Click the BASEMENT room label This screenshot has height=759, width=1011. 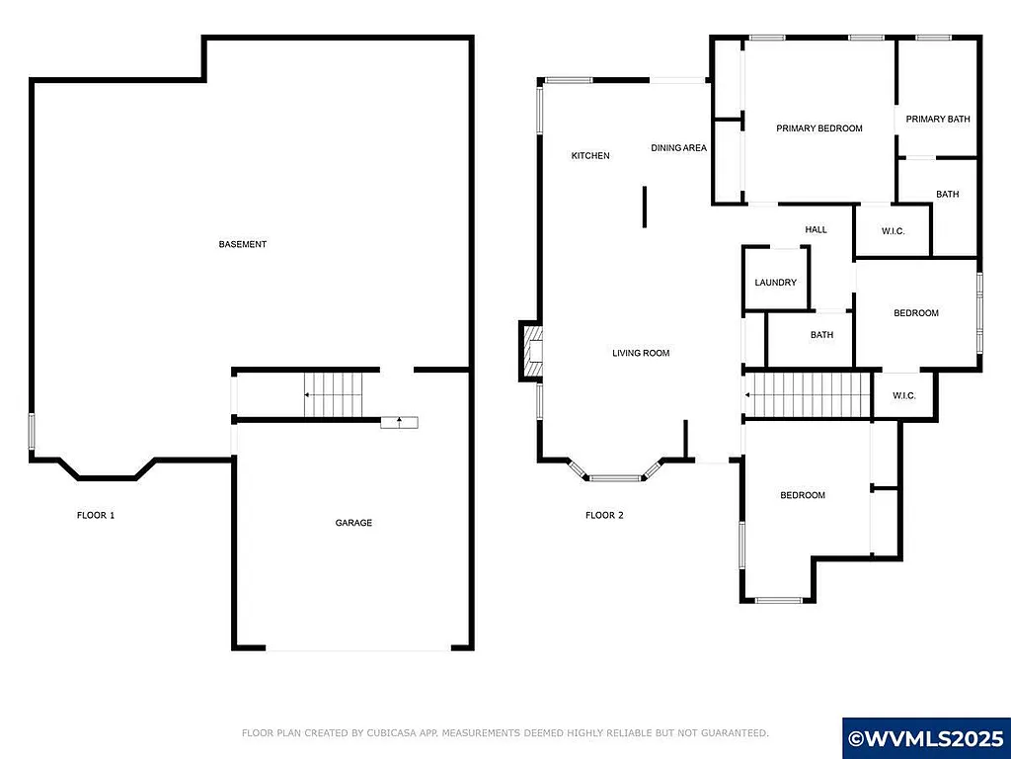point(243,244)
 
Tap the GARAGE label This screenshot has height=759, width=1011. point(353,523)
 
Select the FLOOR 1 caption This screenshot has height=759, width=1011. point(96,515)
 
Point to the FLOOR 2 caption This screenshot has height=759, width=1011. point(604,515)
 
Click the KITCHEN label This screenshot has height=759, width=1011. point(590,156)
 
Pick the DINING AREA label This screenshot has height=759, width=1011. point(678,148)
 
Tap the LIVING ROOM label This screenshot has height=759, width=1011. point(641,353)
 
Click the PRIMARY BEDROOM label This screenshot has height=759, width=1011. point(818,128)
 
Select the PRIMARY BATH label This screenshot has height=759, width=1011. point(938,120)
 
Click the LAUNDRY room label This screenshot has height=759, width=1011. point(775,283)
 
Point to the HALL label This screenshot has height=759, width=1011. point(816,230)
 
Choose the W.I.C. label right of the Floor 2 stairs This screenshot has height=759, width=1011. point(904,396)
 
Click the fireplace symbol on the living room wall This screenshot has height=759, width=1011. point(531,352)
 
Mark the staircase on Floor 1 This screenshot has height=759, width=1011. point(334,394)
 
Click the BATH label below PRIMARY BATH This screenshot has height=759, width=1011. point(947,195)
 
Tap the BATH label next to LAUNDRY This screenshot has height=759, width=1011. point(821,335)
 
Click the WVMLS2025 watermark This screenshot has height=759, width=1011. point(926,738)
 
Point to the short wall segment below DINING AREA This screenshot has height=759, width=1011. point(645,207)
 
